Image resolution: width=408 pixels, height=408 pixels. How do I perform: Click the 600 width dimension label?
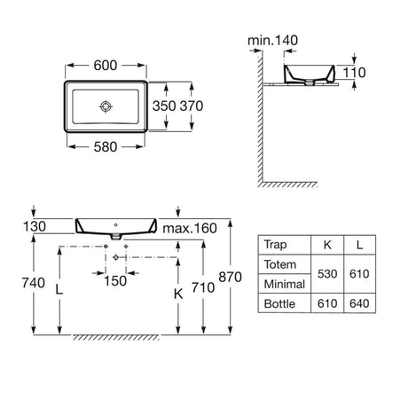point(106,66)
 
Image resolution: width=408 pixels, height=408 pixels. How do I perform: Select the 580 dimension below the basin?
point(106,147)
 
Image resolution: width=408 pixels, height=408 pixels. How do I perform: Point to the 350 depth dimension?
point(164,106)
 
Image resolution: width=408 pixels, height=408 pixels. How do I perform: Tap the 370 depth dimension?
point(192,106)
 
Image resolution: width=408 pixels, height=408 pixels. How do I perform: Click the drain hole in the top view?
point(106,106)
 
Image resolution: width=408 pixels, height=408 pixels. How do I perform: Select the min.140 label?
point(272,41)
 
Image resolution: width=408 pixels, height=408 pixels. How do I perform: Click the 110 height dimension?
point(354,73)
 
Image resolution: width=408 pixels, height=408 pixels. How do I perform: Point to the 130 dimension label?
point(35,227)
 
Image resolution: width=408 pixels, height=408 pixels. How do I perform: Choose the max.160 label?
point(190,228)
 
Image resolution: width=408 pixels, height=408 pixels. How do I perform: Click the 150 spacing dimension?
point(115,281)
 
